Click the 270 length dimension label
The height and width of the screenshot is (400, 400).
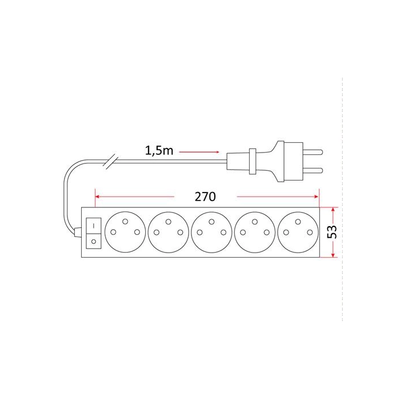(205, 197)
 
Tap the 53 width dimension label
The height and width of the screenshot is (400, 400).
(332, 232)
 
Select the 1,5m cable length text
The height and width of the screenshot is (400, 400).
(159, 150)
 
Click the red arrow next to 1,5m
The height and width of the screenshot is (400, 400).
(199, 152)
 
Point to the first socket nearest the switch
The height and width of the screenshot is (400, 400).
(125, 232)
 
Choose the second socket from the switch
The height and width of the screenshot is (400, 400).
(169, 232)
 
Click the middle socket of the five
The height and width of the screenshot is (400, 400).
(211, 232)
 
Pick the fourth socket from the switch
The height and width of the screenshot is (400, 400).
(255, 232)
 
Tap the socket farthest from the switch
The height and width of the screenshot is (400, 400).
(298, 232)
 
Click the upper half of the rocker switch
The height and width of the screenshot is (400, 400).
(94, 226)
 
